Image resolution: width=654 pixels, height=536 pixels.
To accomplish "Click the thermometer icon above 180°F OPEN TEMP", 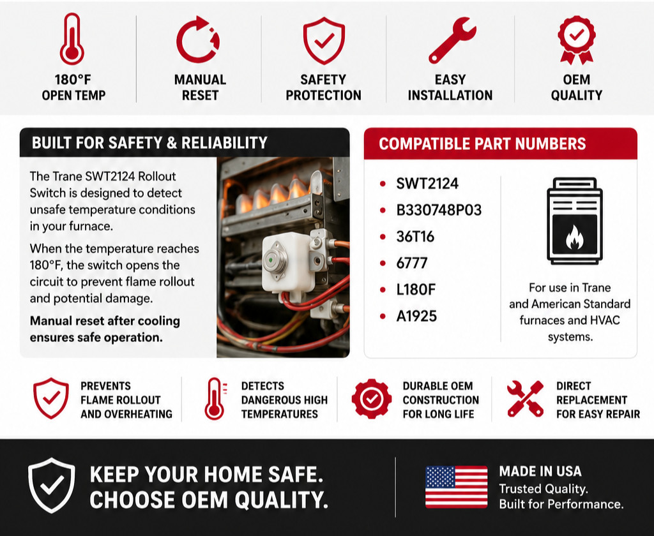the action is pyautogui.click(x=72, y=39).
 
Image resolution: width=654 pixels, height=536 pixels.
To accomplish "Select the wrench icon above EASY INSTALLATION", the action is pyautogui.click(x=452, y=40).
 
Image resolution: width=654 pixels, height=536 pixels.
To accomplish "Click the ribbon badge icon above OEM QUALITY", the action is pyautogui.click(x=577, y=40).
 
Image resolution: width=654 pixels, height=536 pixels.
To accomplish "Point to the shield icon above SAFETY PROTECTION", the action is pyautogui.click(x=324, y=40).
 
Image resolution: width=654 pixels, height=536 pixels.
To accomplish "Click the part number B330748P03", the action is pyautogui.click(x=439, y=210).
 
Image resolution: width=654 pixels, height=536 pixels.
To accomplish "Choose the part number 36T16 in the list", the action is pyautogui.click(x=415, y=236).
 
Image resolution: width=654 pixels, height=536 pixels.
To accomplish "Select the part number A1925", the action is pyautogui.click(x=416, y=316).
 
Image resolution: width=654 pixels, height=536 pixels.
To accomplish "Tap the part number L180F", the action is pyautogui.click(x=415, y=289).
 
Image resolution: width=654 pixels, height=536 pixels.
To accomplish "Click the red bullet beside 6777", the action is pyautogui.click(x=383, y=264).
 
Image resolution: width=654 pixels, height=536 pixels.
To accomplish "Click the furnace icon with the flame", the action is pyautogui.click(x=575, y=221).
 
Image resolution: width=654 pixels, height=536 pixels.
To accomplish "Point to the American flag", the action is pyautogui.click(x=456, y=487).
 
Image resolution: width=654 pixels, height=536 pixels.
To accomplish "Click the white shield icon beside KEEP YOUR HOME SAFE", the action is pyautogui.click(x=52, y=485).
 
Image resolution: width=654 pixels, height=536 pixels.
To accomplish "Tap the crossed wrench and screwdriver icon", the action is pyautogui.click(x=525, y=399).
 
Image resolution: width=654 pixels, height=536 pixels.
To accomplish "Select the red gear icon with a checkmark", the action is pyautogui.click(x=371, y=399).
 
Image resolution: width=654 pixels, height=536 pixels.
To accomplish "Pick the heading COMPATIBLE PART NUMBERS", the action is pyautogui.click(x=482, y=144).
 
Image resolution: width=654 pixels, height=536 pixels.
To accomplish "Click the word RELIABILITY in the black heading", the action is pyautogui.click(x=224, y=143).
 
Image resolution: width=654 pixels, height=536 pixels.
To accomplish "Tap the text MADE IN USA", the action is pyautogui.click(x=540, y=472).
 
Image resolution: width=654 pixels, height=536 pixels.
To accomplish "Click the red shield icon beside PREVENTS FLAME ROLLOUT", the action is pyautogui.click(x=51, y=398).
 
